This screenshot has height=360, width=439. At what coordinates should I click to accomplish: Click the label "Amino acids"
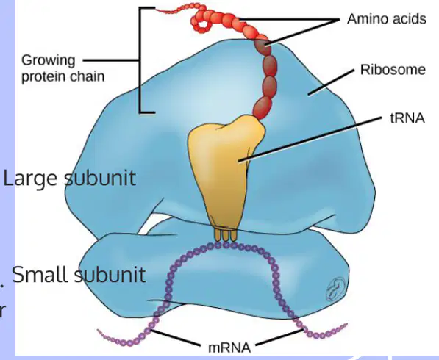coord(386,19)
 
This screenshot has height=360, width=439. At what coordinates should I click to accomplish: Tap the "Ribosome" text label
coord(393,70)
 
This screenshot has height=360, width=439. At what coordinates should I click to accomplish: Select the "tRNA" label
coord(407,118)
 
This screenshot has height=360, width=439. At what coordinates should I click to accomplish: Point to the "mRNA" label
coord(229,348)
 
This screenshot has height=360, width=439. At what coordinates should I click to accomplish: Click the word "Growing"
coord(49,61)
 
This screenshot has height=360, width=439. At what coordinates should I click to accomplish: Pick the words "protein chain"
coord(63,76)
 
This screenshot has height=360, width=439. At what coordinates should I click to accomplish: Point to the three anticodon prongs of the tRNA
coord(225,234)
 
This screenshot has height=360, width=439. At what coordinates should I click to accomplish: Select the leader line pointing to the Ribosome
coord(331,83)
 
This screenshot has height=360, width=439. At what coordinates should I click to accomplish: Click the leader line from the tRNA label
coord(310,139)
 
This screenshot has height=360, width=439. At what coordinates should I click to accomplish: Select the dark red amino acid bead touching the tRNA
coord(263,107)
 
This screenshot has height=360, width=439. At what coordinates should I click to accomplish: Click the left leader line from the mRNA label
coord(176,338)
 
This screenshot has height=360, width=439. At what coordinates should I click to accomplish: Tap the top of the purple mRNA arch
coord(225,245)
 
